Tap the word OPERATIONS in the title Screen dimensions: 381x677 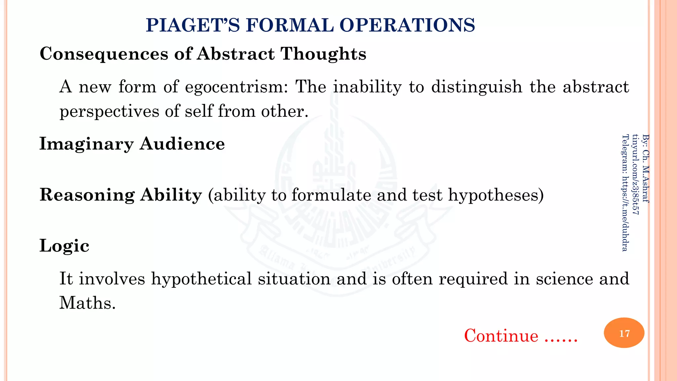pos(407,25)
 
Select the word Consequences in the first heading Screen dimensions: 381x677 pos(104,54)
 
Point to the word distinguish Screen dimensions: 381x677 pos(477,87)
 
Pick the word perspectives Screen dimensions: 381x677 pos(109,111)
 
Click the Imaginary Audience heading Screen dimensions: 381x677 pos(132,144)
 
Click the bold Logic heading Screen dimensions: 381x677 pos(64,246)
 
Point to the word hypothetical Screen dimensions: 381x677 pos(201,278)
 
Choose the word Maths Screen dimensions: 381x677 pos(87,303)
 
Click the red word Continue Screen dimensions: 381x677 pos(501,336)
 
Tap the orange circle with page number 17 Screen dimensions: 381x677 pos(624,333)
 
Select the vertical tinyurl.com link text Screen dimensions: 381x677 pos(635,174)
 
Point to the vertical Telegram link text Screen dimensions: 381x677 pos(625,192)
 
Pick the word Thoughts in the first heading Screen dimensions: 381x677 pos(323,54)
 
